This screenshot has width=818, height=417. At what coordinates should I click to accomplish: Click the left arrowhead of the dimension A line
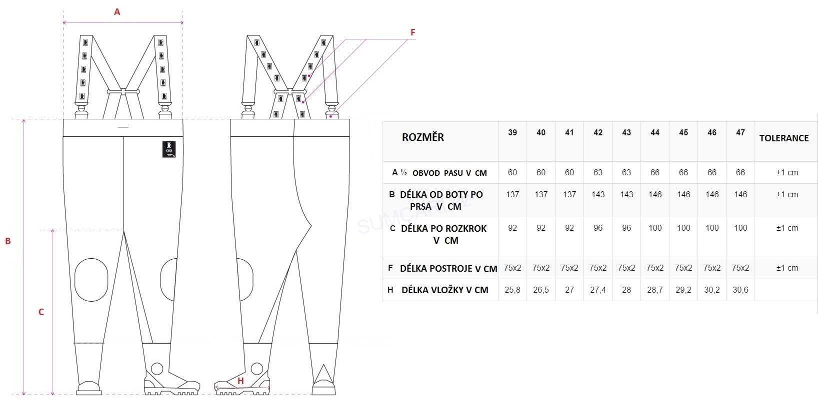(x=64, y=22)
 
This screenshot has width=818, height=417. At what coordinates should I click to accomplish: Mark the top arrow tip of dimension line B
(x=24, y=120)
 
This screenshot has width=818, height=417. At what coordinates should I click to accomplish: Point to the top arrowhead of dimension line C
(x=52, y=231)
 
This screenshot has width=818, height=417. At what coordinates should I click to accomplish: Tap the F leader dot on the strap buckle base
(x=331, y=116)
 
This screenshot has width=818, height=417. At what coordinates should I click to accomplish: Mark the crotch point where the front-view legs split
(x=124, y=231)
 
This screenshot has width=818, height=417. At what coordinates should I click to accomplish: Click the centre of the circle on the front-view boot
(x=157, y=369)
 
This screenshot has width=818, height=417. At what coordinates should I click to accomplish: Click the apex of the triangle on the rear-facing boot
(x=323, y=365)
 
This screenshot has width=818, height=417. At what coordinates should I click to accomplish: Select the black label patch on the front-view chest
(x=168, y=149)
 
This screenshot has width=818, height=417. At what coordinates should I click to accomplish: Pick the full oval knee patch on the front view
(x=91, y=280)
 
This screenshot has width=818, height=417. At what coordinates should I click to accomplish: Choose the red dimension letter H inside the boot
(x=240, y=381)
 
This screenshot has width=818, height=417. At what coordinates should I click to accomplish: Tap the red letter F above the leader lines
(x=412, y=32)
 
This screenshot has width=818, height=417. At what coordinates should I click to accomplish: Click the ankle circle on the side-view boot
(x=256, y=369)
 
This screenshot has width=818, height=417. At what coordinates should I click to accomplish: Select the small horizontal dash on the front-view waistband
(x=123, y=127)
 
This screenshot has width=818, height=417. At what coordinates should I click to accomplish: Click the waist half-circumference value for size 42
(x=598, y=173)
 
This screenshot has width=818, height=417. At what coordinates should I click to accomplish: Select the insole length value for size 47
(x=740, y=290)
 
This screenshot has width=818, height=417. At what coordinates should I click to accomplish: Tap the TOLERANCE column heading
(x=784, y=138)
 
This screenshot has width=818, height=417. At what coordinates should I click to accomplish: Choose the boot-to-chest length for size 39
(x=512, y=194)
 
